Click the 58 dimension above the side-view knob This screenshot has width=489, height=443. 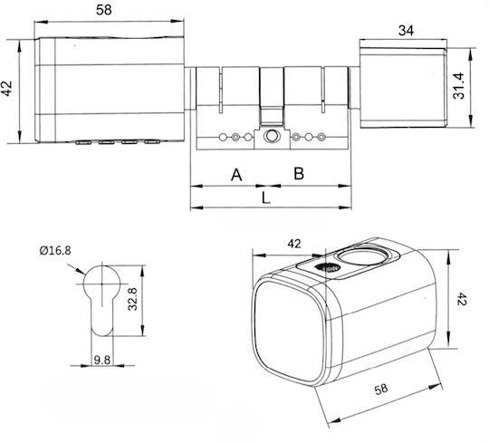click(104, 10)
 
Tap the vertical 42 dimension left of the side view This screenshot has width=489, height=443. click(6, 89)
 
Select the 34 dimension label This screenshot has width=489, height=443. click(406, 31)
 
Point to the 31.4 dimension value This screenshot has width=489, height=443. click(458, 86)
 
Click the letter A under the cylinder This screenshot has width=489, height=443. click(236, 175)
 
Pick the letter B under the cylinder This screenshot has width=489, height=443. click(299, 173)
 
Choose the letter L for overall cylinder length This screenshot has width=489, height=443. click(265, 197)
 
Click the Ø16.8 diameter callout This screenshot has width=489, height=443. click(55, 250)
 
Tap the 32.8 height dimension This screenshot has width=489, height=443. click(133, 299)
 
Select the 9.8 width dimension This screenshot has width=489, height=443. click(102, 360)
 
